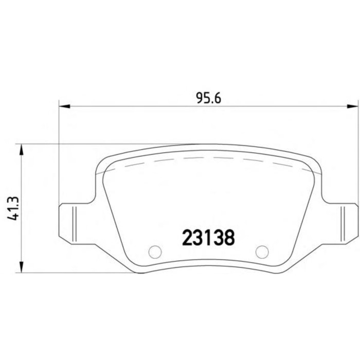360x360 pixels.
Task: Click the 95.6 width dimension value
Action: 209,99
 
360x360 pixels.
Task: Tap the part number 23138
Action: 208,238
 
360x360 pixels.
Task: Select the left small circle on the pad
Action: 155,252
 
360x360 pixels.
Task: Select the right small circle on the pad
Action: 262,252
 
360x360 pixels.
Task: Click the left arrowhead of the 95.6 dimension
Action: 64,106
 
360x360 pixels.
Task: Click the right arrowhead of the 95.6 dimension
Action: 353,106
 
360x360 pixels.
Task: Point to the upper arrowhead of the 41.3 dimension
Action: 21,150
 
